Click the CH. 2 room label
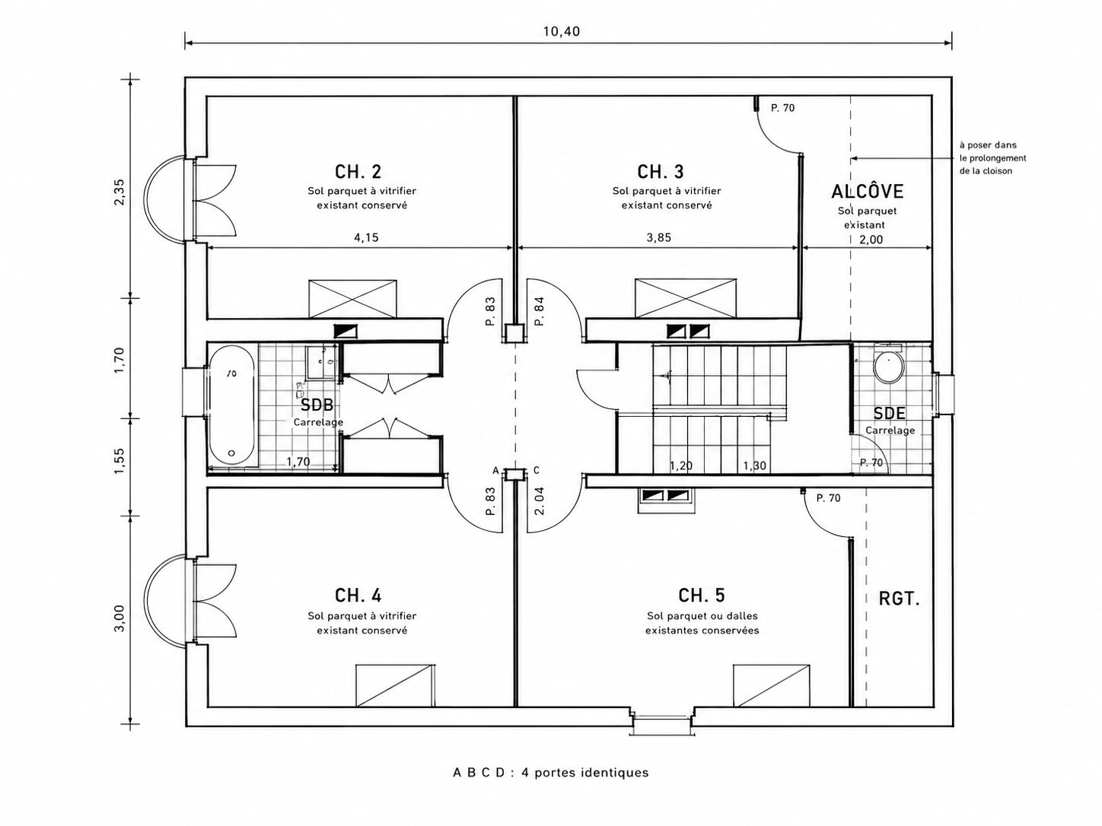click(358, 172)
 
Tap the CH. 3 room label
click(660, 172)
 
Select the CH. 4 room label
click(358, 596)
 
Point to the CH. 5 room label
click(702, 596)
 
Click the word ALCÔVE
click(867, 191)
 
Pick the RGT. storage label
click(899, 599)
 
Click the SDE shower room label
click(889, 413)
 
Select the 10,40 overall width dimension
click(562, 32)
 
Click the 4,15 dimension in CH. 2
click(367, 237)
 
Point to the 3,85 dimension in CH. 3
click(659, 237)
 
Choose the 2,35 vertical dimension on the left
click(119, 192)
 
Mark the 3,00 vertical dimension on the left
click(119, 618)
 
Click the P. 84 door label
click(540, 311)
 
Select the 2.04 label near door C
click(540, 501)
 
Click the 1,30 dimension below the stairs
click(755, 466)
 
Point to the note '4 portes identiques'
click(585, 772)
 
